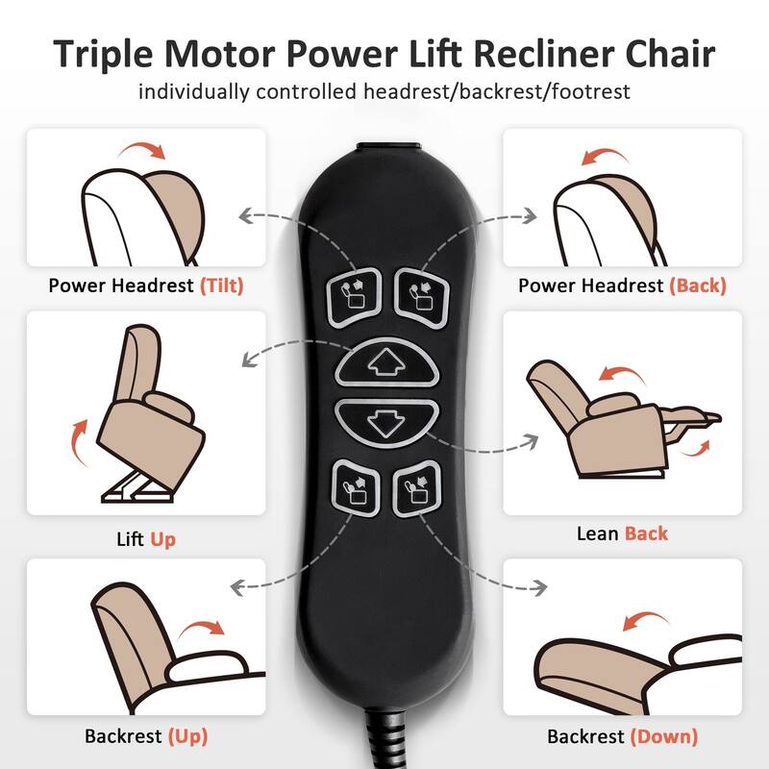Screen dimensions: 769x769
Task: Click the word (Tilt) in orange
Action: click(222, 285)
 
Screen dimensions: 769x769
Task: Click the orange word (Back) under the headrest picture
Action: click(697, 285)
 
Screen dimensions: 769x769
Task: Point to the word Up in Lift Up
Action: click(162, 539)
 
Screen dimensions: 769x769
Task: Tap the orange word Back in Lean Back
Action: click(646, 533)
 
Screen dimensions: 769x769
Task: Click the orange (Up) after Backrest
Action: click(187, 737)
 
